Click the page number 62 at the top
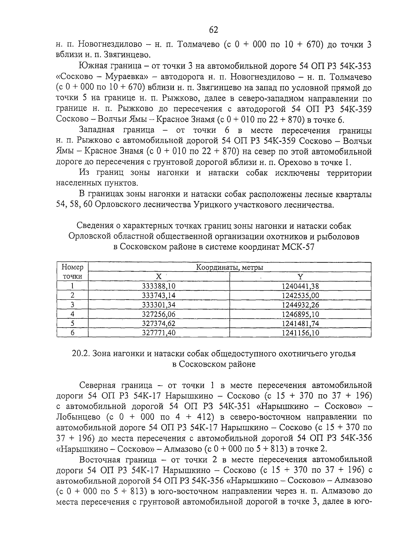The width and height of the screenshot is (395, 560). pos(214,30)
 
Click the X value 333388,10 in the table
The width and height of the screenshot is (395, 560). pos(159,286)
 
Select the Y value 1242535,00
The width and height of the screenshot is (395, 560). pos(300,295)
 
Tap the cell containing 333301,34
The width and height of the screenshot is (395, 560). pos(159,305)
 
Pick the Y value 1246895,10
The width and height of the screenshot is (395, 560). pos(300,314)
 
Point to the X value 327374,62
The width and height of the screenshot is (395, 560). pos(159,323)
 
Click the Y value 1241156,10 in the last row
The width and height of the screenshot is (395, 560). pos(300,333)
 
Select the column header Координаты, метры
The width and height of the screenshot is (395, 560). pos(229,267)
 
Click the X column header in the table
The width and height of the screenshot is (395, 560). pos(159,277)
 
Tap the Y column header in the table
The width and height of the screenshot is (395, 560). pos(300,277)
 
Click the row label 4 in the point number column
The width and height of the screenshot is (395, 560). pos(72,314)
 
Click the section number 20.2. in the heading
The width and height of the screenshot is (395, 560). pos(81,354)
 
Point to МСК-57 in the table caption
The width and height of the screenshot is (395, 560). pos(298,247)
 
